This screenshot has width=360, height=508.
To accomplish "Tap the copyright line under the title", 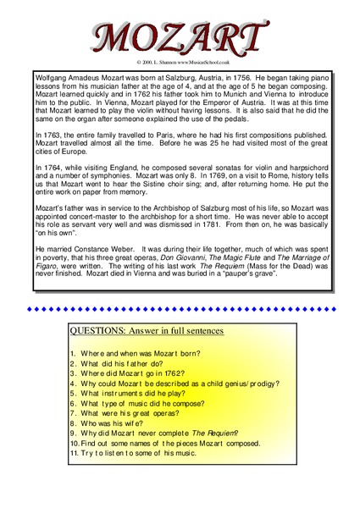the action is (x=179, y=63).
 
